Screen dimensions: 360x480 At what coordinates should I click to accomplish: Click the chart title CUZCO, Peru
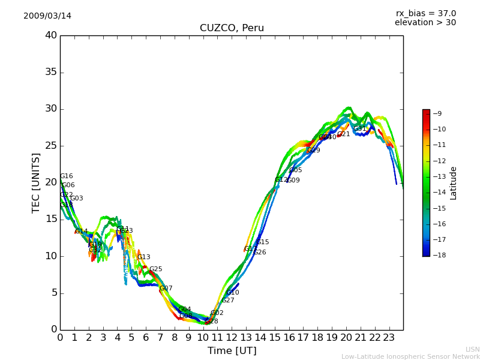tap(232, 28)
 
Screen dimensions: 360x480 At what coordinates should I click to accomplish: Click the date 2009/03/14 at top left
tap(47, 16)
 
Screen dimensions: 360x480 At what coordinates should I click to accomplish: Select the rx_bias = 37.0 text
tap(425, 14)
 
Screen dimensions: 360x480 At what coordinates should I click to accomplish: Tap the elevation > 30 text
tap(425, 23)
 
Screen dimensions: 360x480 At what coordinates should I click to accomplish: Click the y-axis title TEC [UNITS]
tap(36, 182)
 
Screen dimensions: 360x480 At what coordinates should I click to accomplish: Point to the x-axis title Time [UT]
tap(232, 351)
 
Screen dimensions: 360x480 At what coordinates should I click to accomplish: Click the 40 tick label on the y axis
tap(51, 35)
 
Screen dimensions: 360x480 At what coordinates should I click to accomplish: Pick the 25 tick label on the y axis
tap(51, 146)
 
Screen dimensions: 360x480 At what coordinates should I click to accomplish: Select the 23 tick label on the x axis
tap(389, 337)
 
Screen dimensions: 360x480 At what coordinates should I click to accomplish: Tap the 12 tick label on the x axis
tap(232, 337)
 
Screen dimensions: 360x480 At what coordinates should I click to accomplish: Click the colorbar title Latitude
tap(454, 183)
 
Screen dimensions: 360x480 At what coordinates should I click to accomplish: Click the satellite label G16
tap(67, 176)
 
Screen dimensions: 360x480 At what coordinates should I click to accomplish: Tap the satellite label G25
tap(156, 269)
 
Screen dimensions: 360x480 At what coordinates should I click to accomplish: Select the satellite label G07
tap(166, 289)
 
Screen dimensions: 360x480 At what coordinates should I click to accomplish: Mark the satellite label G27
tap(228, 301)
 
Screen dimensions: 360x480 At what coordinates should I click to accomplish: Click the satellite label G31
tap(360, 129)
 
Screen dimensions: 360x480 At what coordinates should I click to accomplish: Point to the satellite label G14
tap(82, 232)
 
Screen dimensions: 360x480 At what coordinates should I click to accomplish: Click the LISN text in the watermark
tap(473, 349)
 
